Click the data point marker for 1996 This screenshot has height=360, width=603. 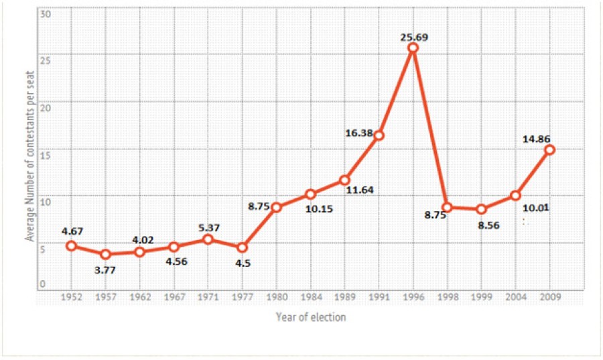click(413, 48)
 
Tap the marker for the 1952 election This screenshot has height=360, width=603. click(71, 245)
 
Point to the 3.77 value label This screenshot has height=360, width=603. click(105, 269)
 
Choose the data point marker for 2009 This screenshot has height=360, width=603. click(549, 149)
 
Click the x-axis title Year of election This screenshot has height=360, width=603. click(311, 317)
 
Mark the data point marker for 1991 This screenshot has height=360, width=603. click(379, 135)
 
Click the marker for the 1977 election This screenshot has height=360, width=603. click(242, 247)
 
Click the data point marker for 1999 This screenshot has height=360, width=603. click(481, 209)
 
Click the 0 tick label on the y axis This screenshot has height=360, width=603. click(43, 284)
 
